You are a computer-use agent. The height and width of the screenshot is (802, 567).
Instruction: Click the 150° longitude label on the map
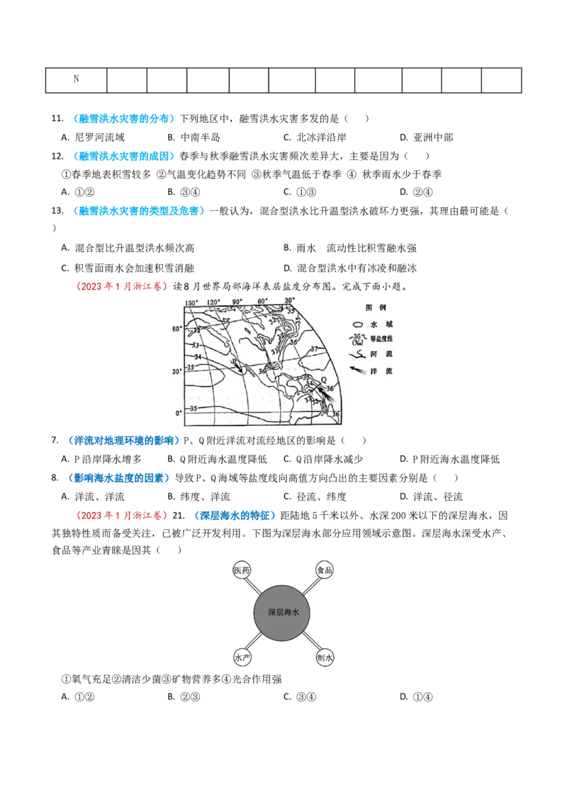191,303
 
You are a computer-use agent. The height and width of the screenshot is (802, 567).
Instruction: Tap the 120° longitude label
214,302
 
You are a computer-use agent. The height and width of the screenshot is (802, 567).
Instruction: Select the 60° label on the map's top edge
262,301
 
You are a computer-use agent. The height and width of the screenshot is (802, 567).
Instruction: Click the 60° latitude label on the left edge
176,329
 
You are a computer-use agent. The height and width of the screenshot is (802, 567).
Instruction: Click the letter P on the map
234,362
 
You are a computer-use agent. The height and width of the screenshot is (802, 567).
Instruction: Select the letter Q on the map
323,380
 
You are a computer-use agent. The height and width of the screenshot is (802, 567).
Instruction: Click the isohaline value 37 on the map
314,349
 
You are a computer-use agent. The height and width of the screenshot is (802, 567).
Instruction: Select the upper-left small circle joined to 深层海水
241,571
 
